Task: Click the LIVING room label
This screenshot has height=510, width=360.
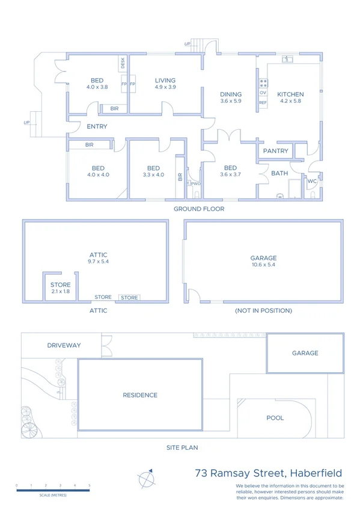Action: pyautogui.click(x=165, y=80)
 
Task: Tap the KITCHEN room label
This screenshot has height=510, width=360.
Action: pyautogui.click(x=290, y=94)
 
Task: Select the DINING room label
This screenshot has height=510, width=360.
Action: pyautogui.click(x=231, y=94)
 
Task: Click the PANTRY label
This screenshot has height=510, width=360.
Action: pyautogui.click(x=276, y=151)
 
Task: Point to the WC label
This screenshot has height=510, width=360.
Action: pyautogui.click(x=312, y=180)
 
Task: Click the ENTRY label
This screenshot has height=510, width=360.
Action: pyautogui.click(x=97, y=126)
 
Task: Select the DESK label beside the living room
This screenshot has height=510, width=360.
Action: pyautogui.click(x=122, y=62)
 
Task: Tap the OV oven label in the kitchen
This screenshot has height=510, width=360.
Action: pyautogui.click(x=263, y=93)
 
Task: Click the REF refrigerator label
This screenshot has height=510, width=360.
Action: pyautogui.click(x=263, y=103)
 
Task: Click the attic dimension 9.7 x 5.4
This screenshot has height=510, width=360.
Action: pyautogui.click(x=99, y=262)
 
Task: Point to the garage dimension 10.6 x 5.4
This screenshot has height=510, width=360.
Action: pyautogui.click(x=263, y=265)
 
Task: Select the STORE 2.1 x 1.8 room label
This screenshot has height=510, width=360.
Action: pyautogui.click(x=61, y=285)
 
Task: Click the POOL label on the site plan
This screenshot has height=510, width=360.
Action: pyautogui.click(x=275, y=417)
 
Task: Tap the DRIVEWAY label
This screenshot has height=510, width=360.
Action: pyautogui.click(x=64, y=345)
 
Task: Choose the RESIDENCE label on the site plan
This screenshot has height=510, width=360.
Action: pyautogui.click(x=140, y=395)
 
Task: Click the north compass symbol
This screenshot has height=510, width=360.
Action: pyautogui.click(x=146, y=479)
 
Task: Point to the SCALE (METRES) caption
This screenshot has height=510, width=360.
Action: pyautogui.click(x=53, y=495)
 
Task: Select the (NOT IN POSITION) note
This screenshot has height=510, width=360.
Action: pyautogui.click(x=264, y=311)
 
